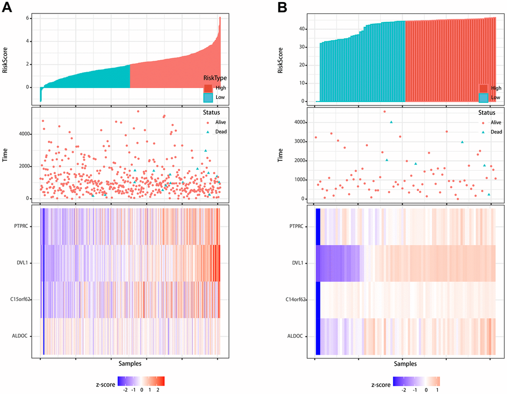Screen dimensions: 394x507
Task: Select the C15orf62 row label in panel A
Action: [x=22, y=299]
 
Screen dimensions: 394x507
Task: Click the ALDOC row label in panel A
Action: [x=25, y=336]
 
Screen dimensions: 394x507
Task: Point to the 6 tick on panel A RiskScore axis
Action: [x=29, y=19]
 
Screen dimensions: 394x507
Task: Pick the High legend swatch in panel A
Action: [x=208, y=88]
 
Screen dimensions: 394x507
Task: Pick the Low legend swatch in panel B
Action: [x=484, y=98]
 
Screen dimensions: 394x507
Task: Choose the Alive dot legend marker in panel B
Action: [x=483, y=122]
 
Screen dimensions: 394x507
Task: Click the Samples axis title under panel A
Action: [x=128, y=364]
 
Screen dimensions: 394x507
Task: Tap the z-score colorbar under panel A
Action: [x=141, y=381]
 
